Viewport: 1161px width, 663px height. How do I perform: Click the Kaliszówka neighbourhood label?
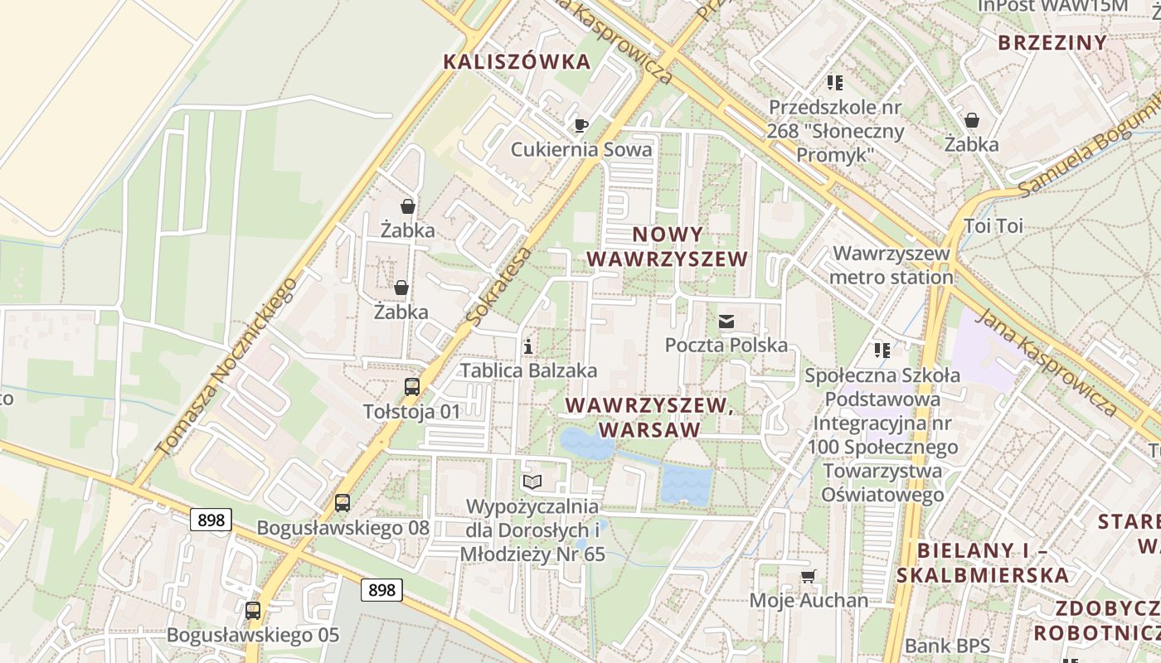[517, 61]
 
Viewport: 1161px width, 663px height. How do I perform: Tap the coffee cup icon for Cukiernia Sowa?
[581, 125]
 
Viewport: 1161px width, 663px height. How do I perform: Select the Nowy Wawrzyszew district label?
[667, 247]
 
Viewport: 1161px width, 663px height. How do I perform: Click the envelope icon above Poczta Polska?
[726, 322]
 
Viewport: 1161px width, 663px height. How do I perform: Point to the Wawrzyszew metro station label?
[891, 265]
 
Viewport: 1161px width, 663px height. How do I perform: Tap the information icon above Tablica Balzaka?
[528, 346]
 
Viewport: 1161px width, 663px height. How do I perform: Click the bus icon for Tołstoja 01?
[411, 386]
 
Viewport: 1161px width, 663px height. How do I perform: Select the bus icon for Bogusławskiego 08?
[342, 502]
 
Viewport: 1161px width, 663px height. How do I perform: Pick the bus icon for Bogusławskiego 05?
[253, 611]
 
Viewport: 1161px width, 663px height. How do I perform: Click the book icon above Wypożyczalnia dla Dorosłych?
[532, 482]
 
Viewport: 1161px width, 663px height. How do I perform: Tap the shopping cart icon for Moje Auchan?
[808, 576]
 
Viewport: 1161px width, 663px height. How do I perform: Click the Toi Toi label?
[993, 225]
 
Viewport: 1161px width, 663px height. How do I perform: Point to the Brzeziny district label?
[1052, 43]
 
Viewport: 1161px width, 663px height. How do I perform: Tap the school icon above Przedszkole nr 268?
[834, 83]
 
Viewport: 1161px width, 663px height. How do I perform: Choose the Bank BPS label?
[947, 646]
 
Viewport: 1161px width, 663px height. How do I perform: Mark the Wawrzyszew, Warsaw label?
[649, 418]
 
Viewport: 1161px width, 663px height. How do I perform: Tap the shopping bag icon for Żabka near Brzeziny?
[971, 120]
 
